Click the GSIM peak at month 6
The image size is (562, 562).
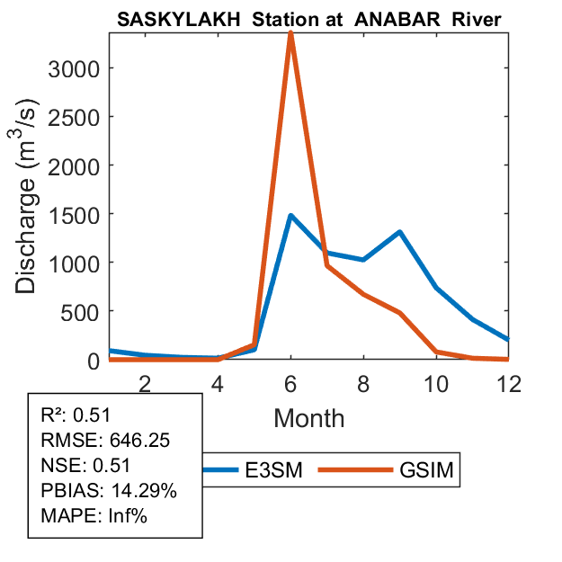(290, 33)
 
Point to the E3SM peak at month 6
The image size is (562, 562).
(290, 216)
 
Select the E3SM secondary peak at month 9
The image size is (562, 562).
(399, 232)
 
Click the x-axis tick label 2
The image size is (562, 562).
(145, 382)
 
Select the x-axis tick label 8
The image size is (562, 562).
(363, 382)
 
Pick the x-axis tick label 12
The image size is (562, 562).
(508, 382)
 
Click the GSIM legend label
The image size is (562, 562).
(426, 470)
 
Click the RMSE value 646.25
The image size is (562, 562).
(139, 441)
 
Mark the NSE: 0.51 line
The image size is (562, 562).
(86, 466)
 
